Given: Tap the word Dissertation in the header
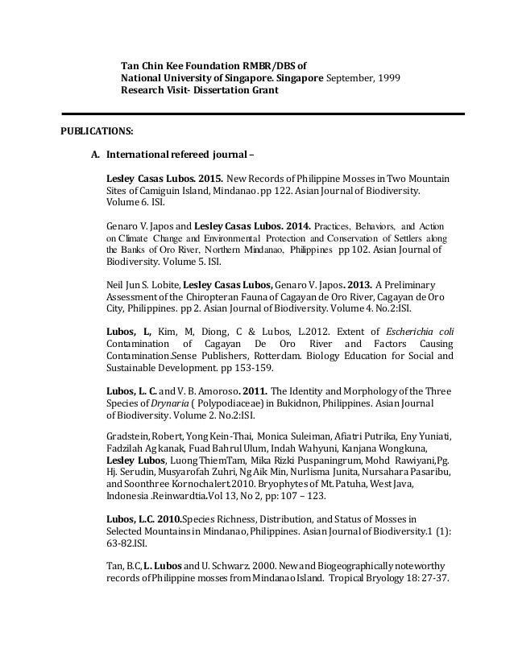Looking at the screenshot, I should [x=216, y=91].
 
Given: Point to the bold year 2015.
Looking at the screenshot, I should [x=209, y=178].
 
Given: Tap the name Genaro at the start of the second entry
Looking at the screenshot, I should [x=122, y=225].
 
